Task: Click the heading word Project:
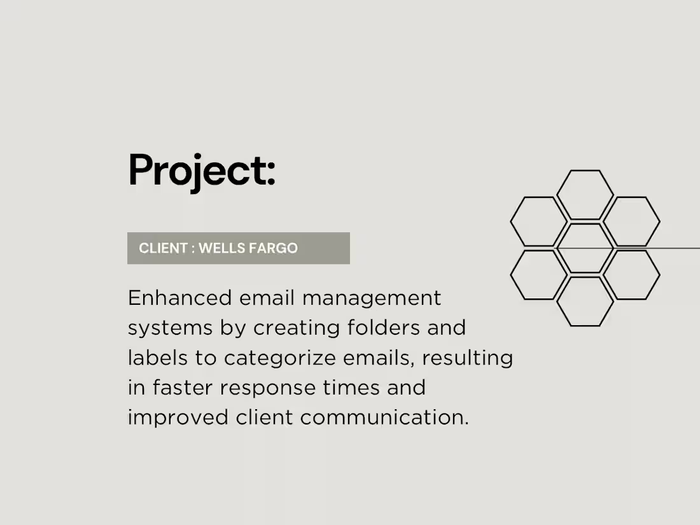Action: [202, 171]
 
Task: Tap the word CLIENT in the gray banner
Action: [163, 248]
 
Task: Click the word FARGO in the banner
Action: [274, 248]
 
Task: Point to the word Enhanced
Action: [179, 298]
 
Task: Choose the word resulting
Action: [467, 358]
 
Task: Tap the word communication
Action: [384, 418]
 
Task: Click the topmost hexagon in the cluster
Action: [585, 194]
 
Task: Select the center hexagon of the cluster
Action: [585, 248]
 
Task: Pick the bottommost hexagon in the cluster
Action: [585, 301]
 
